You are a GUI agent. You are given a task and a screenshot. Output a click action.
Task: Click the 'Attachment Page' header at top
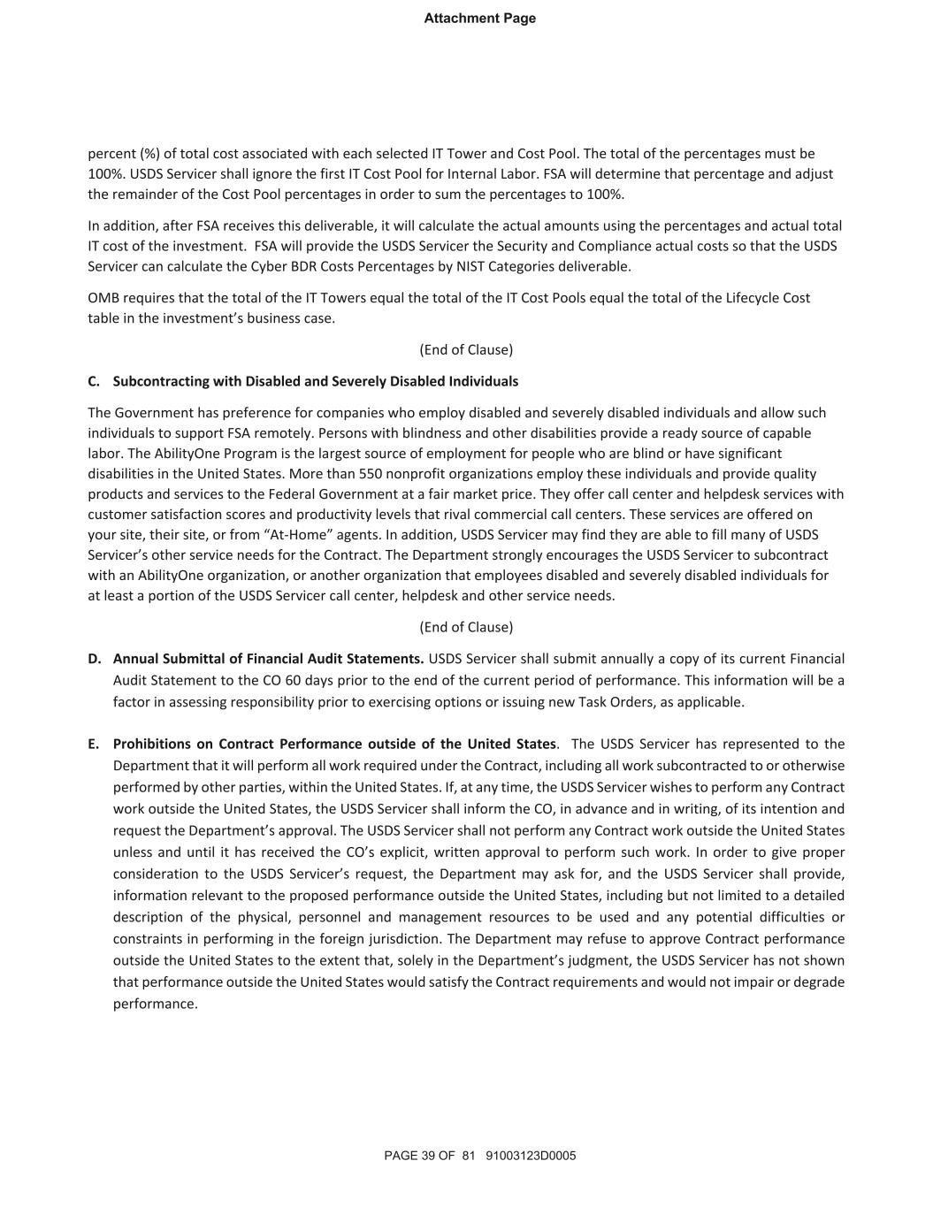tap(479, 19)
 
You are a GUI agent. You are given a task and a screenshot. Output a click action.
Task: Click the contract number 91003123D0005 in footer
tap(531, 1156)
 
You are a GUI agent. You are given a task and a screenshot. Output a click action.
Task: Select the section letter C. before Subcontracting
tap(94, 381)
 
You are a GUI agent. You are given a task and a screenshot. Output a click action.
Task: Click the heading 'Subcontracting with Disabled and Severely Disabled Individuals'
tap(316, 381)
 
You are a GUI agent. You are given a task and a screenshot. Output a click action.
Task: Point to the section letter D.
tap(95, 659)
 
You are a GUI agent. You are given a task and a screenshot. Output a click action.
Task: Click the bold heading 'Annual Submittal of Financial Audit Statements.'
tap(269, 659)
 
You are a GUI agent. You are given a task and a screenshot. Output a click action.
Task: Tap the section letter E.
tap(94, 744)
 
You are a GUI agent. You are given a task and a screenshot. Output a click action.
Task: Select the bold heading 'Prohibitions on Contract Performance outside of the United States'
tap(334, 744)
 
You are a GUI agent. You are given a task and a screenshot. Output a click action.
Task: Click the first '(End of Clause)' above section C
tap(466, 349)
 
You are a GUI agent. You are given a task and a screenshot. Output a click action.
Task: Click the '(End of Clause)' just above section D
tap(466, 627)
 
